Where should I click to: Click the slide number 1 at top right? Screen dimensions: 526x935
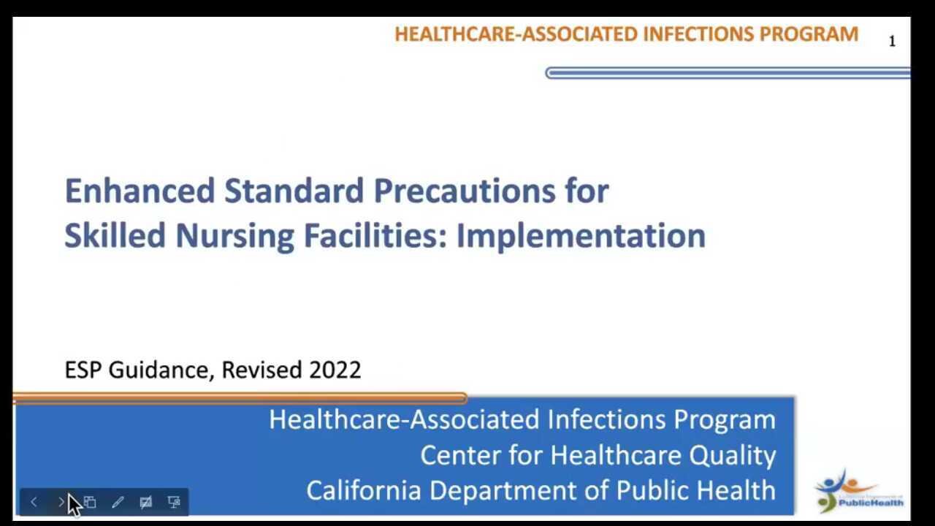892,42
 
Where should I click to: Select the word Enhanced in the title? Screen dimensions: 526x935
140,191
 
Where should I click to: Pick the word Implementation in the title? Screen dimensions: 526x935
581,236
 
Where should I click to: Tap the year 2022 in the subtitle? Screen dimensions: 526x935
335,370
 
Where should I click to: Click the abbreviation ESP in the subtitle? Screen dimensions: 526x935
83,370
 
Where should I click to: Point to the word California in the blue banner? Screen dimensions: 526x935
363,490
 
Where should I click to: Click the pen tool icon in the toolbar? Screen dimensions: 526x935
118,502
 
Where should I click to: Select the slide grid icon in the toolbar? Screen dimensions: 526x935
90,502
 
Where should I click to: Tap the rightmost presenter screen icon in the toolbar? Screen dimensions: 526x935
174,502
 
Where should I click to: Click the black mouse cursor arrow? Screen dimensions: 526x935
73,504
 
